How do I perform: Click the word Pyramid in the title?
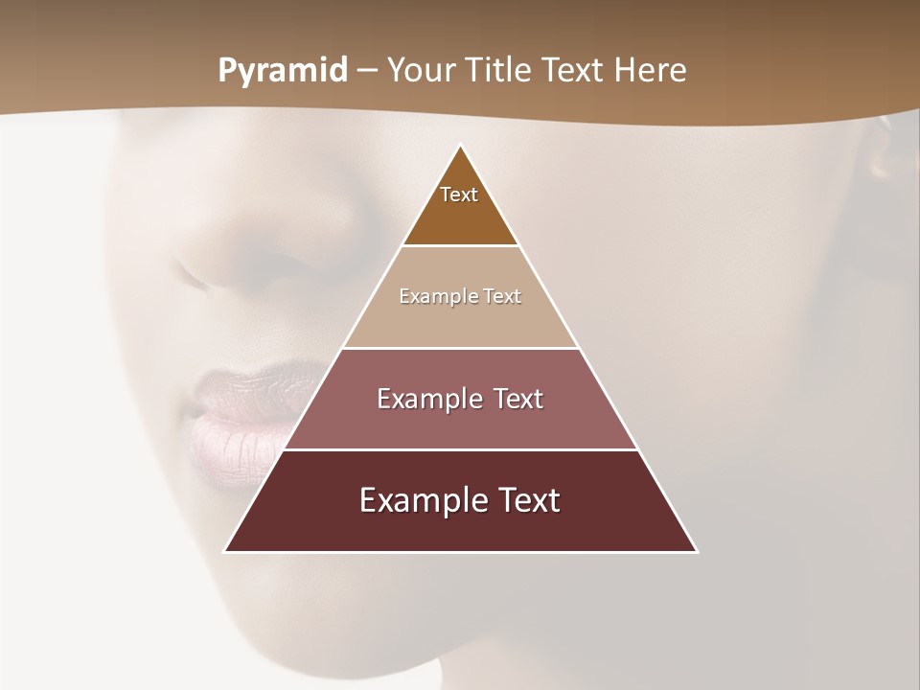282,71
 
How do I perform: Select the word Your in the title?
419,70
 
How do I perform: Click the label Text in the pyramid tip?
459,195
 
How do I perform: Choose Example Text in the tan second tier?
460,296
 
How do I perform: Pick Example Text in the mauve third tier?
460,399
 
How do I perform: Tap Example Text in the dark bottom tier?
460,500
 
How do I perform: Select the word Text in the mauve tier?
514,399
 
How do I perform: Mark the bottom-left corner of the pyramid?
226,551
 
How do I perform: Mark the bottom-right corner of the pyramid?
696,551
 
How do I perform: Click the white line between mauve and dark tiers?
460,449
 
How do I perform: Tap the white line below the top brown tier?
460,245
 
